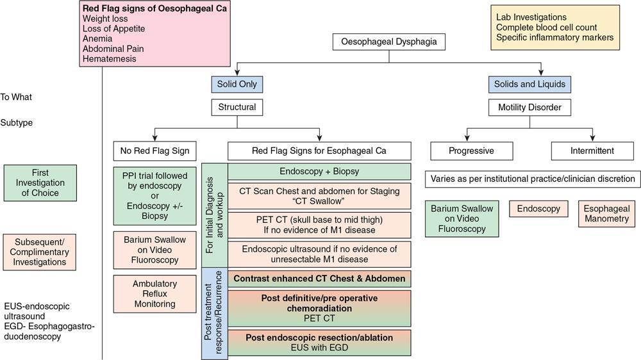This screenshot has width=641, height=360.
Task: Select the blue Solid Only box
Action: pos(237,84)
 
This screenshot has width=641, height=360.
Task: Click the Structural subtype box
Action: pos(237,107)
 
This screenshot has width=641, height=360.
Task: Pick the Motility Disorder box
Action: pos(529,107)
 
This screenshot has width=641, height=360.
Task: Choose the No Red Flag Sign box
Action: pos(154,151)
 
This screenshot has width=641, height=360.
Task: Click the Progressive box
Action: pos(471,151)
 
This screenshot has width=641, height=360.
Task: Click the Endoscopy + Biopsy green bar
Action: pos(319,172)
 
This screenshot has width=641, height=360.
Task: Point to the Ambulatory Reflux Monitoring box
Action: pos(154,293)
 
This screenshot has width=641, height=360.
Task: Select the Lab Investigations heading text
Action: pos(531,17)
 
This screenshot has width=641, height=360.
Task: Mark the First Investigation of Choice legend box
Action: pos(40,183)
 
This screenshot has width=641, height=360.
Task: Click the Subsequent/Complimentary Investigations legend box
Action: pos(40,250)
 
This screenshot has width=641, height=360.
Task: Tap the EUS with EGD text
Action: pos(319,347)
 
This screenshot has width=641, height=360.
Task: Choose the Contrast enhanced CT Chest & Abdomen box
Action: pos(319,279)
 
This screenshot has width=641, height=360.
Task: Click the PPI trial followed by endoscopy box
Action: pos(154,194)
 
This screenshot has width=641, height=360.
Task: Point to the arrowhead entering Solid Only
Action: pos(237,72)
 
